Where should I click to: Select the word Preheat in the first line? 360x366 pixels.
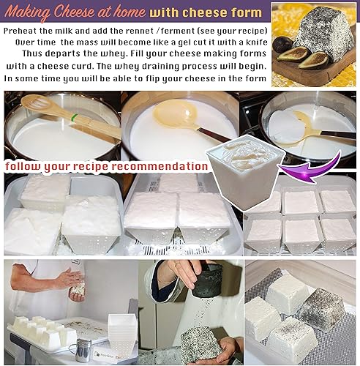coord(24,32)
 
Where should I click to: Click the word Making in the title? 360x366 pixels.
coord(26,12)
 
